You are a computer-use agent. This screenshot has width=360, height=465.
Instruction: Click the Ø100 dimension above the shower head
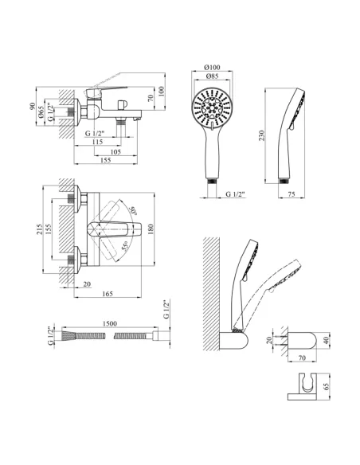tap(212, 68)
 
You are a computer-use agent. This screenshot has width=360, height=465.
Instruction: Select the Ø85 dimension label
tap(212, 76)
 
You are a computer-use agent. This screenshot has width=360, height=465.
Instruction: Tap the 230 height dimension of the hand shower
tap(261, 135)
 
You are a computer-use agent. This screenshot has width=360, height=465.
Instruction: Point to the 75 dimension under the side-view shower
tap(292, 194)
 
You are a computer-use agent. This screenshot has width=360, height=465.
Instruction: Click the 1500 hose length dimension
tap(109, 323)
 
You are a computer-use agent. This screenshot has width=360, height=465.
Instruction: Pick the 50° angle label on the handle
tap(134, 211)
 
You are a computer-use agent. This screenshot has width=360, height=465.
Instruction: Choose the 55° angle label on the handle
tap(126, 247)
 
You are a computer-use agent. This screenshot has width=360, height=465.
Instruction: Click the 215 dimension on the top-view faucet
tap(40, 229)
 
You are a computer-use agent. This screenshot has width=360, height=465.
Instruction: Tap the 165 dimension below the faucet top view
tap(108, 294)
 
